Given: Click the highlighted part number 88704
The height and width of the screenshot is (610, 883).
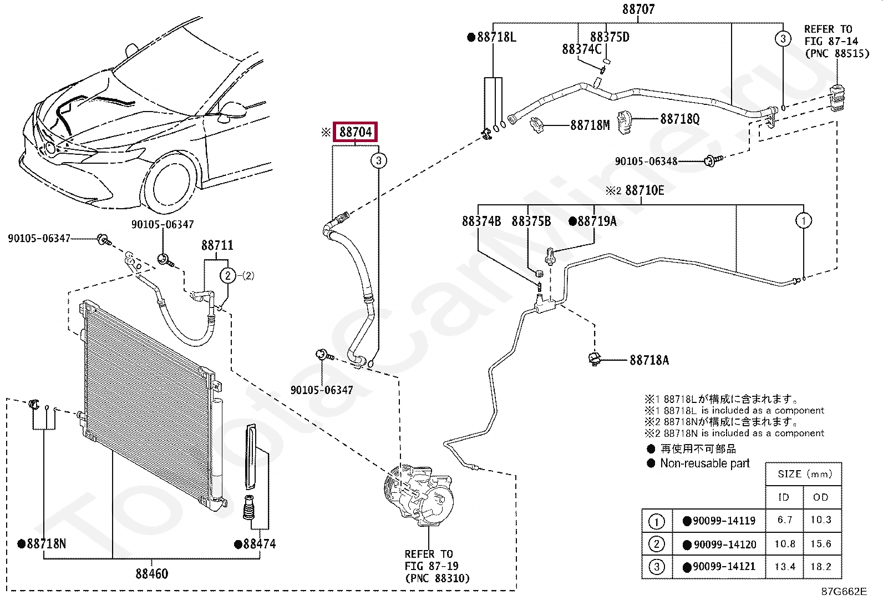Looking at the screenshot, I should pos(355,132).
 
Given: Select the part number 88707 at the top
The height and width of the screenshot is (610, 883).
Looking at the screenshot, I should pos(638,9).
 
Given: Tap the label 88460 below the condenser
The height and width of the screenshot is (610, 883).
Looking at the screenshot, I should pos(151,573).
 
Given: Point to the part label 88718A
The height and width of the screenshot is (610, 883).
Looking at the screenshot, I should pos(649,360).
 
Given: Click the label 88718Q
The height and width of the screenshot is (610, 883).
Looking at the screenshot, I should pos(679,119).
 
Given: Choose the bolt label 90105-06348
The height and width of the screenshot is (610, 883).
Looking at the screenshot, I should pos(646,162).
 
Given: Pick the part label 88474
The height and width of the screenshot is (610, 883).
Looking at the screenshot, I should pos(258,544).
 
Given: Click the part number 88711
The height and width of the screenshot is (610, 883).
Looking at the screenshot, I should pos(217,245).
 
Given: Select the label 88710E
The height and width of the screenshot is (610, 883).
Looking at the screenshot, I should pos(644,190).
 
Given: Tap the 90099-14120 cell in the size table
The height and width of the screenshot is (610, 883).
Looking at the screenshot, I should pos(724,544).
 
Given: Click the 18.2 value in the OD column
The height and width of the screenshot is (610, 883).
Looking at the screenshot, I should pos(820,567).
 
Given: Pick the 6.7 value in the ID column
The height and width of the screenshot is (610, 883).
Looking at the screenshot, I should pos(784,520).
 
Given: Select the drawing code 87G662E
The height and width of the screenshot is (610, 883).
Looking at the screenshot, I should pos(844,591).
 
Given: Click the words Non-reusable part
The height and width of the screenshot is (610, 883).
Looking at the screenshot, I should pos(704,463).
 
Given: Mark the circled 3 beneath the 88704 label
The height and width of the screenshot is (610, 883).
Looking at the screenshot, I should pos(378,161).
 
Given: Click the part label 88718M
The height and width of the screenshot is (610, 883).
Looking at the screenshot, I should pos(590,125).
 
